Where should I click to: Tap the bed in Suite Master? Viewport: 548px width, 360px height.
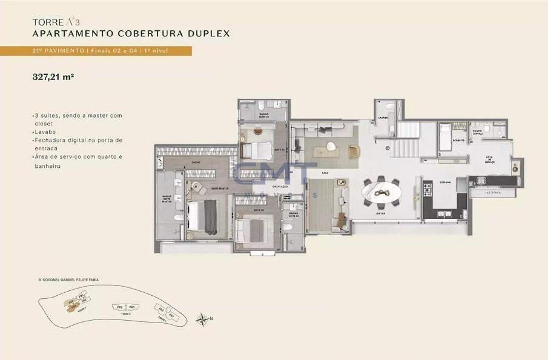coord(202,216)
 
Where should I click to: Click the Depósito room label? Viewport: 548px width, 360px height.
coord(458,141)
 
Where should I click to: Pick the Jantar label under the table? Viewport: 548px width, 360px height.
coord(381,213)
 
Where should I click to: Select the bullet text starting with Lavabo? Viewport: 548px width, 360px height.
coord(44,131)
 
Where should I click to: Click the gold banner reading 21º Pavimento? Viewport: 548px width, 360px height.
coord(96,51)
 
